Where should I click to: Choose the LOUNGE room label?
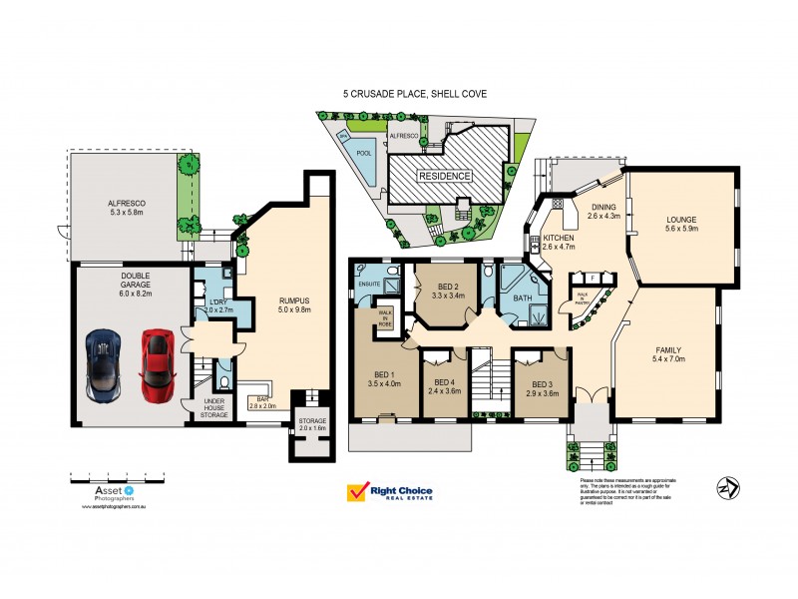(682, 219)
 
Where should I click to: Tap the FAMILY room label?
(670, 350)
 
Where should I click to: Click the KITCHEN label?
(558, 239)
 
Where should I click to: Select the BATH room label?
(521, 298)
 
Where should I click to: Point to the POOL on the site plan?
(364, 153)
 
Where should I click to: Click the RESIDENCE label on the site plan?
(444, 175)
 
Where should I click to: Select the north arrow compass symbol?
(726, 487)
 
